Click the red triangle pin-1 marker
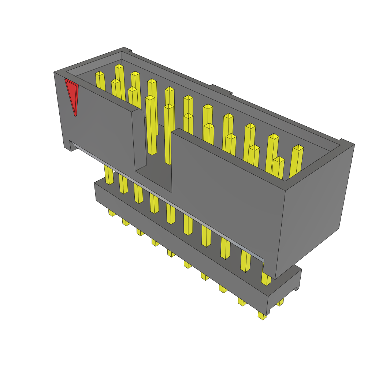click(72, 94)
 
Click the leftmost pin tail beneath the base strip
click(111, 213)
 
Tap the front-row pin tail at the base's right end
click(262, 315)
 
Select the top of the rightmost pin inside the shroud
click(298, 148)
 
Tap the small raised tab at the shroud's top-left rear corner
click(127, 50)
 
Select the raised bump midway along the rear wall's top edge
click(221, 89)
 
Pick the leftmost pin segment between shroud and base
click(109, 175)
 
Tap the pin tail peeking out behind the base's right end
click(281, 302)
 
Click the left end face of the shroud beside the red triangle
click(62, 110)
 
